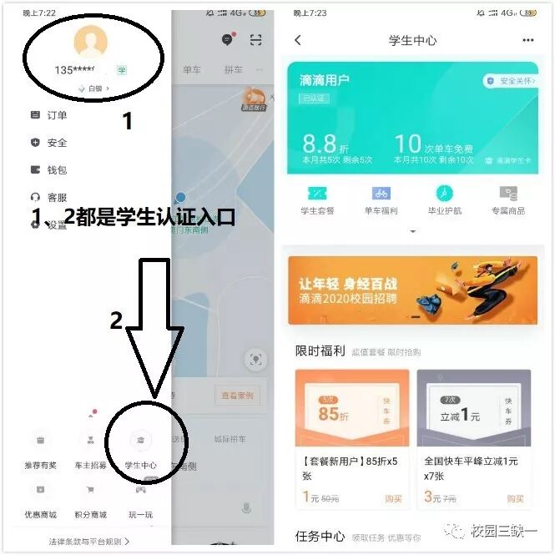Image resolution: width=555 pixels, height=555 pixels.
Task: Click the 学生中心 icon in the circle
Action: coord(140,440)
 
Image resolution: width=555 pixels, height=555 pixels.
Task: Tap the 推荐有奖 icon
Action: coord(41,440)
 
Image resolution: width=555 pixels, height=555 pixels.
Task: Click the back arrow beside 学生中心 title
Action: coord(298,40)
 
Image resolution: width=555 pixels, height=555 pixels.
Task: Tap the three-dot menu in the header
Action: coord(527,40)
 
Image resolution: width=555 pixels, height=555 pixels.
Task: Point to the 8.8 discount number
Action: coord(319,144)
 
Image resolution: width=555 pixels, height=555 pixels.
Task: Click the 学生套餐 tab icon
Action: coord(317,194)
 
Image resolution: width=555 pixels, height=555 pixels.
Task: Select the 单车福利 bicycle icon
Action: coord(381,194)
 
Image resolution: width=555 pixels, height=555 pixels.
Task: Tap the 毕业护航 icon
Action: coord(444,194)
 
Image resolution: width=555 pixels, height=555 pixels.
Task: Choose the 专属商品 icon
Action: coord(508,194)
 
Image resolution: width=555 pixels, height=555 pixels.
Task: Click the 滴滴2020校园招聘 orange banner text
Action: coord(348,291)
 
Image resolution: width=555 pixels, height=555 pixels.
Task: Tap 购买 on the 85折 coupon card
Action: coord(393,498)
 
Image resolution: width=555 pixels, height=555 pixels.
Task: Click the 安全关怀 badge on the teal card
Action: coord(508,81)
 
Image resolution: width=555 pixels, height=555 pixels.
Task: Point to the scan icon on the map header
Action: coord(256,40)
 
